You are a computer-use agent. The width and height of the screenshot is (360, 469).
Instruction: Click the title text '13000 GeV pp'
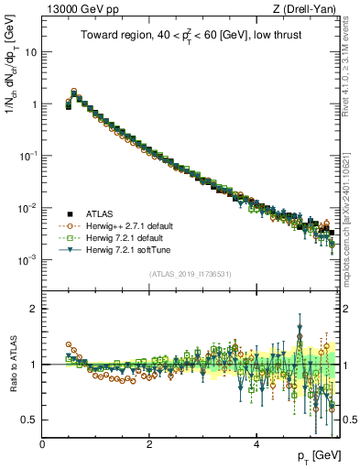coord(74,9)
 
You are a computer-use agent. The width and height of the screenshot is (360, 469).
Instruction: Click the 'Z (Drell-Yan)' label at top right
coord(308,9)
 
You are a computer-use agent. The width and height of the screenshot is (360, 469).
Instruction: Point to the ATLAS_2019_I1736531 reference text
coord(191,274)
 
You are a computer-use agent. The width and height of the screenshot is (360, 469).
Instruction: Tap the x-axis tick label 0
coord(42,443)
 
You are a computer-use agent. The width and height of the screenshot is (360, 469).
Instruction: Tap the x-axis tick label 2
coord(149,443)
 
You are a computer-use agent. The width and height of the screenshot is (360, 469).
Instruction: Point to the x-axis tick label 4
coord(256,443)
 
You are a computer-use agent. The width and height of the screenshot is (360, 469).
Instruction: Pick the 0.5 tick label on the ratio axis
coord(30,420)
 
